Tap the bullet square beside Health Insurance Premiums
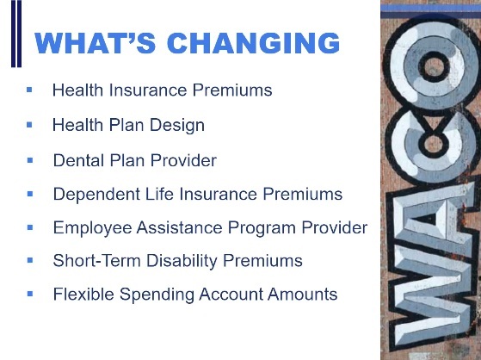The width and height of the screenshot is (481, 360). (29, 90)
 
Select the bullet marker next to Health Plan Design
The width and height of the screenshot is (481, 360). (29, 125)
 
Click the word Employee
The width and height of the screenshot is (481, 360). (89, 228)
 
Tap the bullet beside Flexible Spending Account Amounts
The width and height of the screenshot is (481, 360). (29, 295)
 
